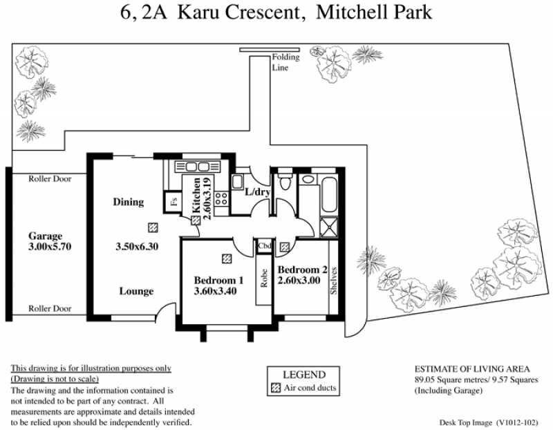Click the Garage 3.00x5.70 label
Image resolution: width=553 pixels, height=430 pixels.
(x=50, y=241)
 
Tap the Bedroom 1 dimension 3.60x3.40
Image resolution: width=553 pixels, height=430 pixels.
(x=215, y=291)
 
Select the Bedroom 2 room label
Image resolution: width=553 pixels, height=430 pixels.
(x=302, y=270)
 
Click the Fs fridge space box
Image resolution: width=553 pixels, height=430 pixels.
(x=174, y=202)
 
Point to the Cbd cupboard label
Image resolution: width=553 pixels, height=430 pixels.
(x=264, y=246)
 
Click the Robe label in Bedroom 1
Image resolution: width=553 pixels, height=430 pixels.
(x=264, y=279)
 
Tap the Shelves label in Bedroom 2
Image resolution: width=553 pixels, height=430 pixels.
(x=334, y=281)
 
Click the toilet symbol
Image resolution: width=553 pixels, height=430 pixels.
(x=285, y=179)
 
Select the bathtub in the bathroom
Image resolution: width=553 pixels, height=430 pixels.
(x=330, y=194)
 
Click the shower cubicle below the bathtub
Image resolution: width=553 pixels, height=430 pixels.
(x=329, y=227)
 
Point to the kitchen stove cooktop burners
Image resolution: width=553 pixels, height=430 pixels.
(x=222, y=198)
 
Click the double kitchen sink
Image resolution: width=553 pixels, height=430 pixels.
(x=198, y=167)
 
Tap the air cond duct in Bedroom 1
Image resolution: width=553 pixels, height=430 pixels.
(x=227, y=259)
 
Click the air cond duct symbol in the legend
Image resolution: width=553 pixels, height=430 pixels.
(x=275, y=388)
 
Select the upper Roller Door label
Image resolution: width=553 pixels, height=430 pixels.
(x=50, y=179)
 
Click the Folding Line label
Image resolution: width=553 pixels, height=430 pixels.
(x=285, y=62)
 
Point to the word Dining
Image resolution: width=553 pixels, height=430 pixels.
(x=129, y=202)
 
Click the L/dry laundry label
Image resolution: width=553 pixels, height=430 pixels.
(x=257, y=192)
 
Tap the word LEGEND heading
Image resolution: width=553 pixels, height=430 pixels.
(x=304, y=374)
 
